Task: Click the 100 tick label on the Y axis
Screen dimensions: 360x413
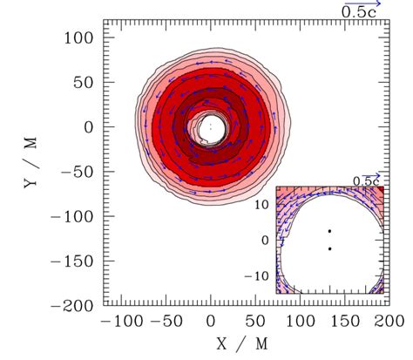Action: [x=80, y=38]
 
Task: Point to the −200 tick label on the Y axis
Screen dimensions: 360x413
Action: [x=73, y=306]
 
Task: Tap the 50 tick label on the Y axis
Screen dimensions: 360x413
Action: [x=85, y=83]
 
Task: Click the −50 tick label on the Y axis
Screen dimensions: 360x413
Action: [x=78, y=173]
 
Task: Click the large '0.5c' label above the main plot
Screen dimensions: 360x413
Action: [x=359, y=13]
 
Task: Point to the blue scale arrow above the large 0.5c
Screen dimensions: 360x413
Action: [x=365, y=3]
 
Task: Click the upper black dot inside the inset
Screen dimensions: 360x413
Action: [x=329, y=231]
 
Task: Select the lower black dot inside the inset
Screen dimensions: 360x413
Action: [x=329, y=248]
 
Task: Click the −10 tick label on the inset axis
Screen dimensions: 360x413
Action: [x=261, y=275]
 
